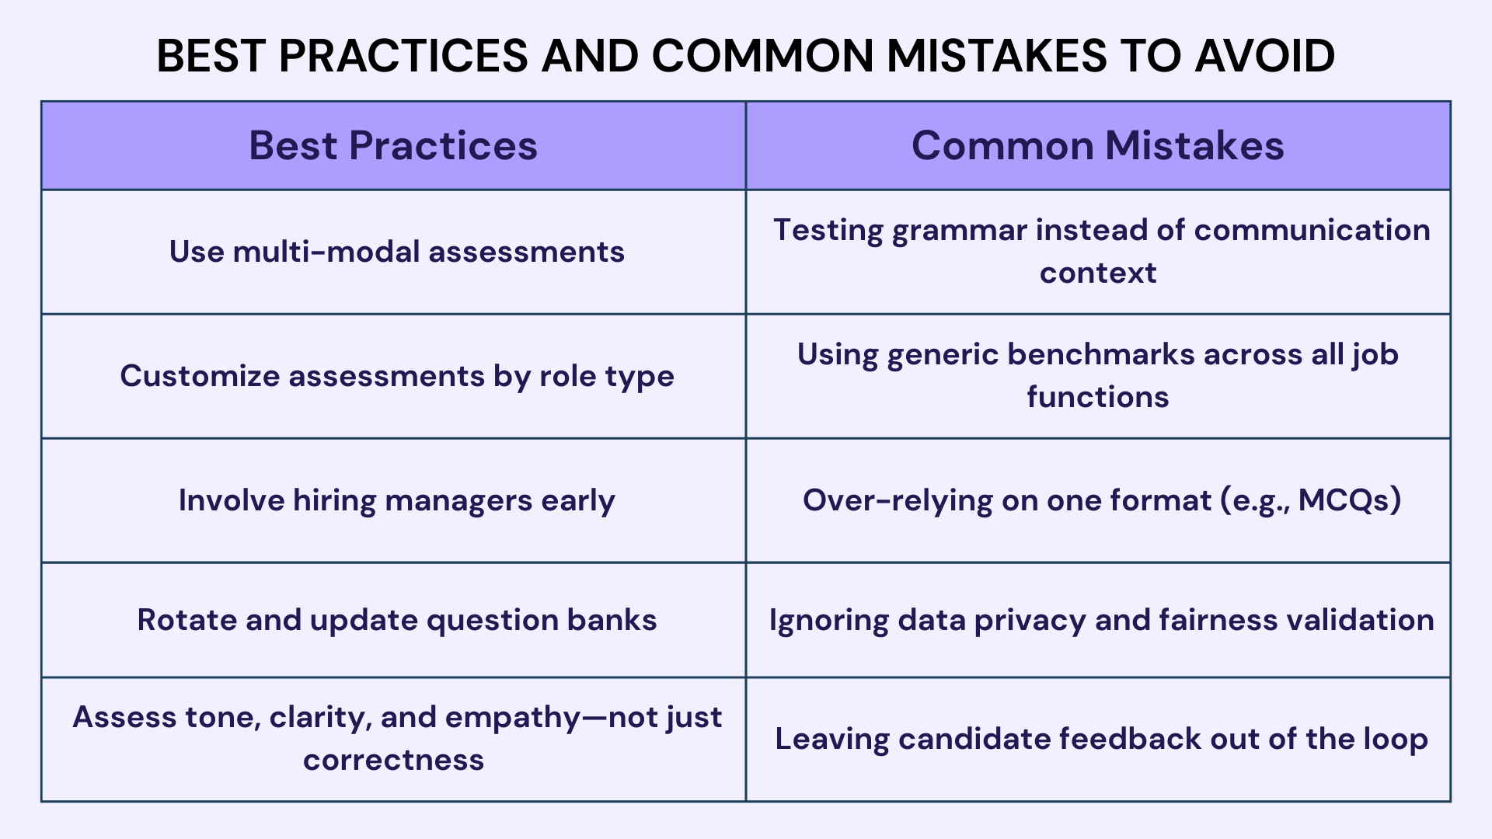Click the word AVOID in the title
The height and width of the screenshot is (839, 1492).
(1265, 56)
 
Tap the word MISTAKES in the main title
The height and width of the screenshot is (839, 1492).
(997, 56)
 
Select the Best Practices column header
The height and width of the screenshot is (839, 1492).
(393, 145)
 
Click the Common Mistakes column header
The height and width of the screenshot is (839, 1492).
(1097, 145)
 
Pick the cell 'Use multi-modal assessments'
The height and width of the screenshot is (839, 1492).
(396, 252)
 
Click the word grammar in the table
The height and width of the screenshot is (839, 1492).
(959, 231)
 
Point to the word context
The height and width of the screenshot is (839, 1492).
(1097, 273)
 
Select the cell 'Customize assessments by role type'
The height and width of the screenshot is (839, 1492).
(396, 376)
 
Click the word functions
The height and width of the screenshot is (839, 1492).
(1097, 397)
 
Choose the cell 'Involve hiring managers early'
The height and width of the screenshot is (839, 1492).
(396, 500)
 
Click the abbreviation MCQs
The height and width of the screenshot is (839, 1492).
(1349, 500)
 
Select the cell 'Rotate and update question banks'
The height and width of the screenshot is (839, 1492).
(396, 620)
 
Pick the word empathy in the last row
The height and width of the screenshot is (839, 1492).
(512, 718)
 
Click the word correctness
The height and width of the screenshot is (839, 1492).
(393, 760)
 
